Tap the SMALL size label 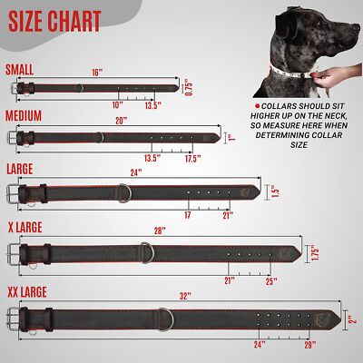(22, 68)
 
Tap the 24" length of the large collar (136, 171)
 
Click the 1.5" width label (276, 193)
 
